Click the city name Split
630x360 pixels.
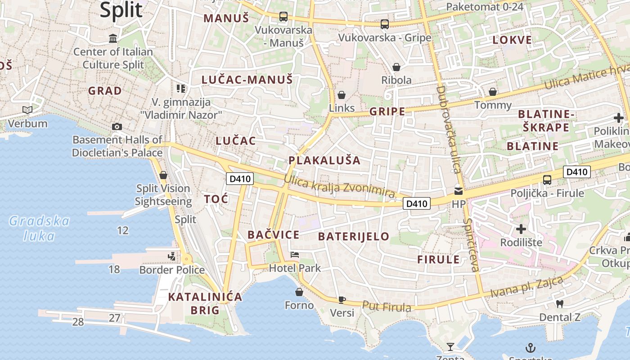[121, 10]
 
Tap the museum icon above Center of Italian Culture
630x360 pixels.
[113, 38]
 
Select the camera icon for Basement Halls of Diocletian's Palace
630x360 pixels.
[117, 126]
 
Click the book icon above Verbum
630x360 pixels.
[27, 110]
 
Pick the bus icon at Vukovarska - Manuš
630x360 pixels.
[283, 17]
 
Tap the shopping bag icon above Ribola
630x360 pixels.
[396, 67]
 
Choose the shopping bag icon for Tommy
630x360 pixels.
[493, 92]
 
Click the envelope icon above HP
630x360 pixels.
[459, 191]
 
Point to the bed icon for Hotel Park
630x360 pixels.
[295, 255]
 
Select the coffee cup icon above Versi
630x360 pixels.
[342, 300]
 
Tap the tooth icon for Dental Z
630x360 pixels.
[560, 304]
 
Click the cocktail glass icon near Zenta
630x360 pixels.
[450, 346]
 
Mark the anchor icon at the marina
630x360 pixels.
[531, 347]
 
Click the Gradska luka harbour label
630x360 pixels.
[40, 228]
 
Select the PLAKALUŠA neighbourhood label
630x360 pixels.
[324, 160]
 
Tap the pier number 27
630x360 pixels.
[115, 318]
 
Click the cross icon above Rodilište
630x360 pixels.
[521, 229]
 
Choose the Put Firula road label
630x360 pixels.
[387, 306]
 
